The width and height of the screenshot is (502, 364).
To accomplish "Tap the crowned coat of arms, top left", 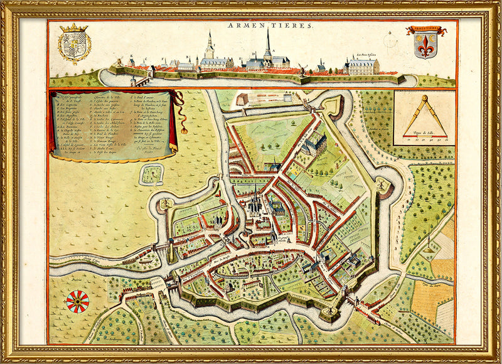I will pyautogui.click(x=74, y=44).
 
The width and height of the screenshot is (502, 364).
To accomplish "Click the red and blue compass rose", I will pyautogui.click(x=78, y=302).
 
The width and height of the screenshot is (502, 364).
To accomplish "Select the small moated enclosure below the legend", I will pyautogui.click(x=151, y=174).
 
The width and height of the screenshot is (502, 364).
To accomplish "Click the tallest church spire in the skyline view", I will pyautogui.click(x=268, y=44).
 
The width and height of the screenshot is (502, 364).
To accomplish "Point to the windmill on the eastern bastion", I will pyautogui.click(x=382, y=183).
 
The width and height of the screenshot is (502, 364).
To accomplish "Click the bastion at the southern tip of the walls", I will pyautogui.click(x=328, y=312).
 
